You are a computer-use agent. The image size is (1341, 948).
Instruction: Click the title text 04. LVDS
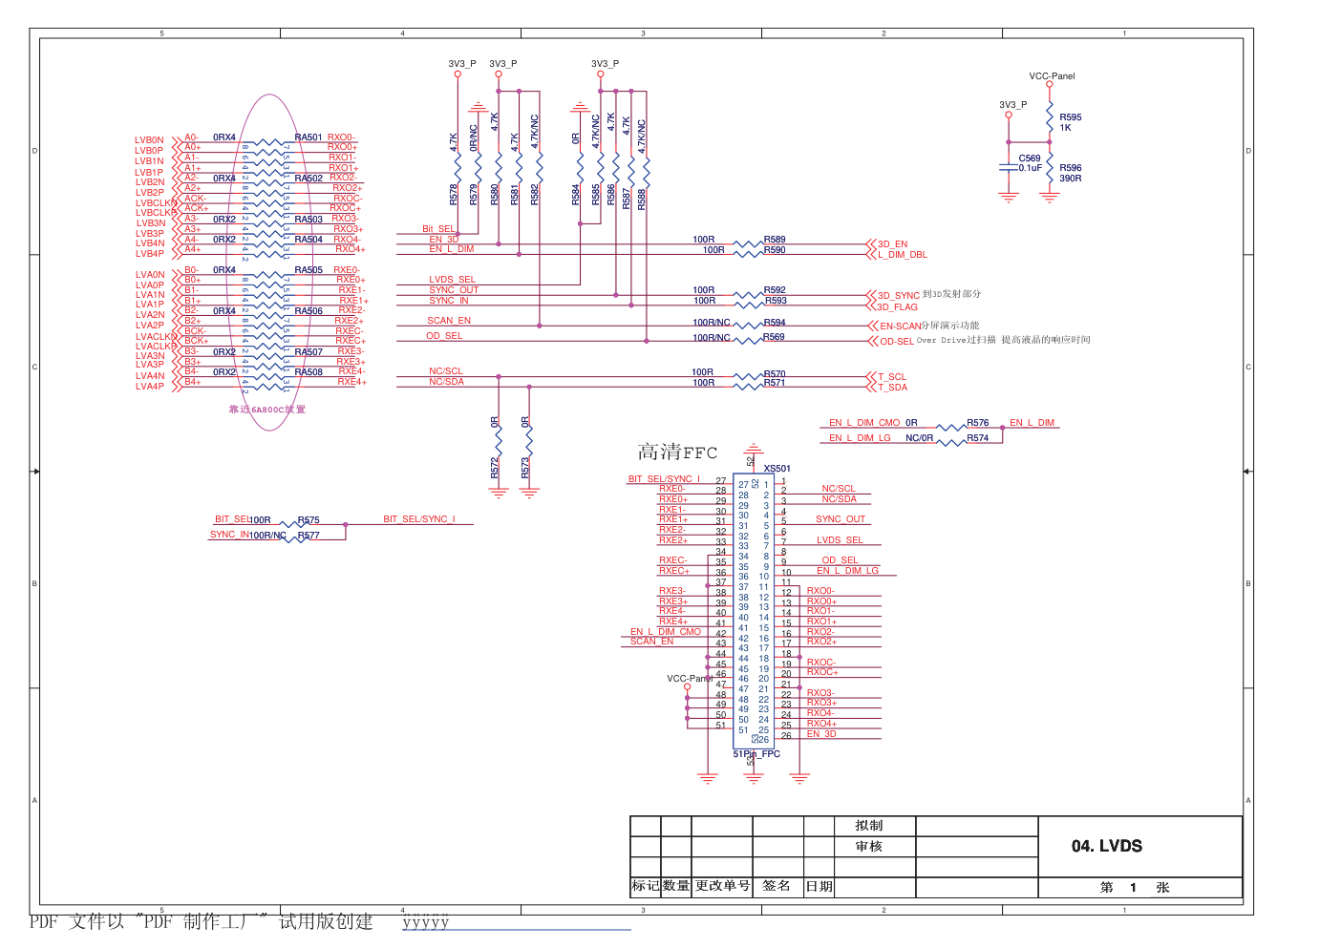click(1106, 846)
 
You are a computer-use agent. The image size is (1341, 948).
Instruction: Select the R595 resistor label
click(1070, 117)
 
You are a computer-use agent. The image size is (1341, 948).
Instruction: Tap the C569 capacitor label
click(1029, 158)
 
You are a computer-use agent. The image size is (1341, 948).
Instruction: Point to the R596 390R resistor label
click(1070, 173)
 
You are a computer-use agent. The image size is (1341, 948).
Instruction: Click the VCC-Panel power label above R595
click(1052, 76)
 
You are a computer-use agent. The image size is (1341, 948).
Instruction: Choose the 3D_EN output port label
click(892, 244)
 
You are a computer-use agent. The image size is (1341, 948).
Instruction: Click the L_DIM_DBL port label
click(903, 255)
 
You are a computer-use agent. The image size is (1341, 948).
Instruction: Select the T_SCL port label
click(892, 377)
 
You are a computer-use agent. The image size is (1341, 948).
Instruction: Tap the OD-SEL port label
click(896, 342)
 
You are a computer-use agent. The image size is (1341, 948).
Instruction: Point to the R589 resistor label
click(775, 240)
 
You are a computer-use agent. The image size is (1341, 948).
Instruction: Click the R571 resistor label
click(775, 383)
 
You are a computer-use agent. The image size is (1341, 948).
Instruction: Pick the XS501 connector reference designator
click(777, 469)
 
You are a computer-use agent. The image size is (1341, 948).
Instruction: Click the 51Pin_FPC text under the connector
click(756, 754)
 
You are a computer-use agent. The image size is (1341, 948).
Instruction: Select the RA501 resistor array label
click(309, 137)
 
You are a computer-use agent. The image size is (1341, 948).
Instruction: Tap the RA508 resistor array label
click(309, 372)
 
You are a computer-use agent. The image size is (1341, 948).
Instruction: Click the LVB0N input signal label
click(149, 140)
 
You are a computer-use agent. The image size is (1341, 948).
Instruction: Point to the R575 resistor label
click(309, 520)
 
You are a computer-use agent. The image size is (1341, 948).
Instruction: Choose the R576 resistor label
click(977, 423)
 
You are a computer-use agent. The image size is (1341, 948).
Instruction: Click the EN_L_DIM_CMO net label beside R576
click(864, 423)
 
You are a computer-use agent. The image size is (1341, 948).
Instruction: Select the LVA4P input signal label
click(150, 387)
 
